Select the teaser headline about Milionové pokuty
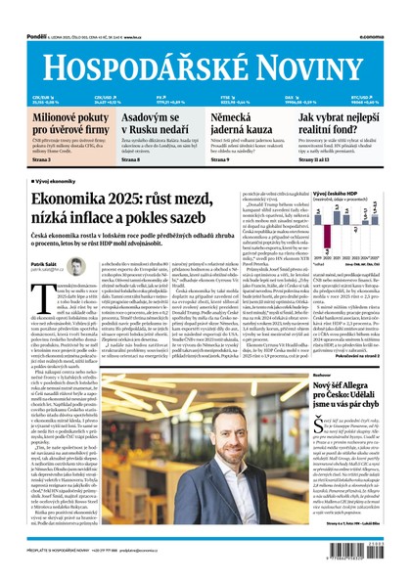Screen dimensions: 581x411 coord(50,122)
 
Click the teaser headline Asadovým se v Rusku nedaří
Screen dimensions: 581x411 coord(146,122)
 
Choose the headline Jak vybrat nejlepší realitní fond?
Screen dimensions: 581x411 coord(342,122)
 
